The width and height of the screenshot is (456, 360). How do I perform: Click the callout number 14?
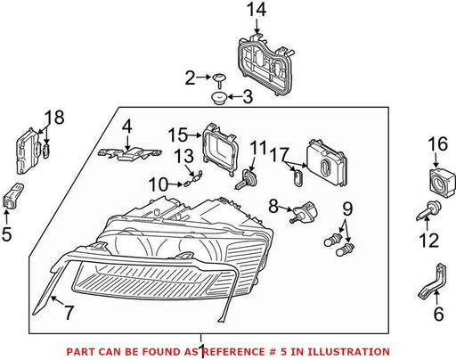click(256, 10)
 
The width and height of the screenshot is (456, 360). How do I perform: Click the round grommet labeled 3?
click(220, 98)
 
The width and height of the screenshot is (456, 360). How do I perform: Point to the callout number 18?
click(54, 118)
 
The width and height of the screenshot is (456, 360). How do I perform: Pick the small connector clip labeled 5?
click(12, 196)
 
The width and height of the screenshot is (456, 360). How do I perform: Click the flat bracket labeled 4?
click(129, 153)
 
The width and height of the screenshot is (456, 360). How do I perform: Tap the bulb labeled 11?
click(247, 178)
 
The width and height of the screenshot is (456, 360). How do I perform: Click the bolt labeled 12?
click(428, 210)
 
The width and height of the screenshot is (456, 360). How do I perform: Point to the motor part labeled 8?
click(303, 212)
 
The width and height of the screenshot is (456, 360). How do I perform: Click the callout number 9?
click(347, 209)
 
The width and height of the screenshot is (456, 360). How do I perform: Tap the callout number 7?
click(69, 313)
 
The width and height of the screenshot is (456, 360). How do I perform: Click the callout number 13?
click(183, 156)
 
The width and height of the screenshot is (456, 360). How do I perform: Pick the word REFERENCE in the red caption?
click(234, 352)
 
